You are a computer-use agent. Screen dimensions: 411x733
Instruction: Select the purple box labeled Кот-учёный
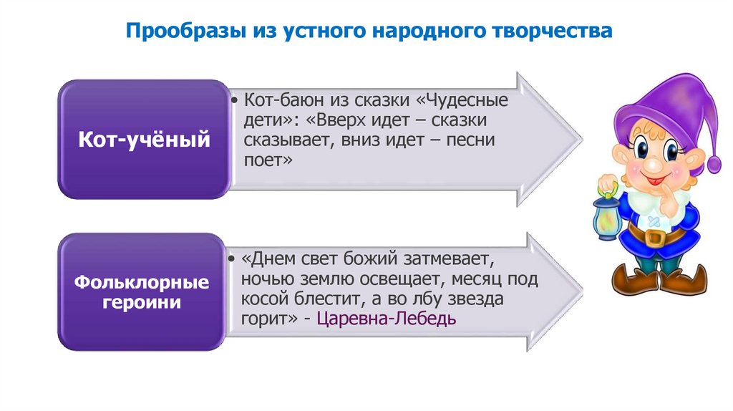pos(144,140)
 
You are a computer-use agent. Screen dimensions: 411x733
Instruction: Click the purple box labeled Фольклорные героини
pos(144,292)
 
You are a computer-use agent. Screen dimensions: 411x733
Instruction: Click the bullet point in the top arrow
pos(236,100)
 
